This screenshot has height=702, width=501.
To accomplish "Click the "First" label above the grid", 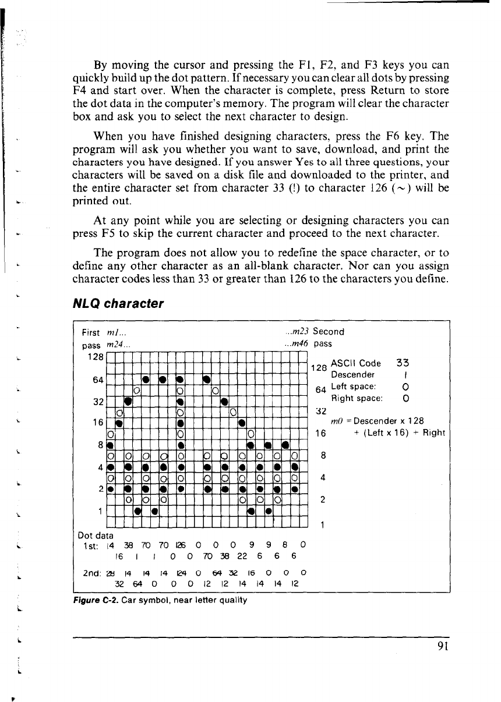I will click(91, 332).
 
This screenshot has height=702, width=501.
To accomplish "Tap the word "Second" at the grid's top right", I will click(329, 332).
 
